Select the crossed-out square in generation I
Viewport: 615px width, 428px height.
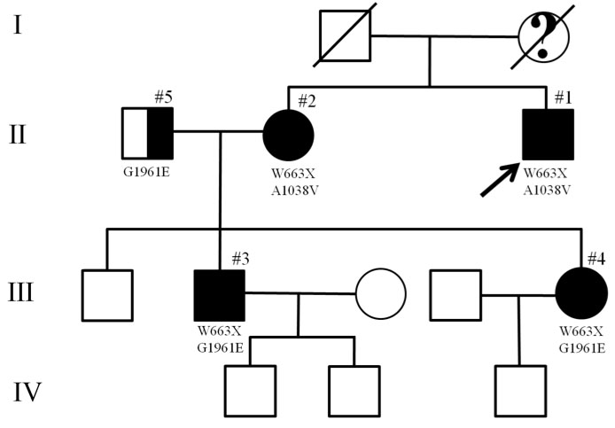pyautogui.click(x=345, y=36)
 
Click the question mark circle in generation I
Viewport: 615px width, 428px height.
pyautogui.click(x=543, y=36)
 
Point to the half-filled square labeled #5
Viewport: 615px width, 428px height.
pyautogui.click(x=148, y=135)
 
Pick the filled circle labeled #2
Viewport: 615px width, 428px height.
pyautogui.click(x=288, y=135)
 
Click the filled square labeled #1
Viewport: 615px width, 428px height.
pyautogui.click(x=548, y=135)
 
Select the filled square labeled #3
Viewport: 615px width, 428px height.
pyautogui.click(x=219, y=295)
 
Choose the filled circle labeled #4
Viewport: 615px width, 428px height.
pyautogui.click(x=582, y=295)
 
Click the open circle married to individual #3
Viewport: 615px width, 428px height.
pyautogui.click(x=381, y=294)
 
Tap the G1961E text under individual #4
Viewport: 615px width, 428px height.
pyautogui.click(x=582, y=348)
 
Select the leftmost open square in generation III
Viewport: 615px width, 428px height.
pyautogui.click(x=107, y=295)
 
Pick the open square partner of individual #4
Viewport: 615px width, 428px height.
pyautogui.click(x=455, y=295)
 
